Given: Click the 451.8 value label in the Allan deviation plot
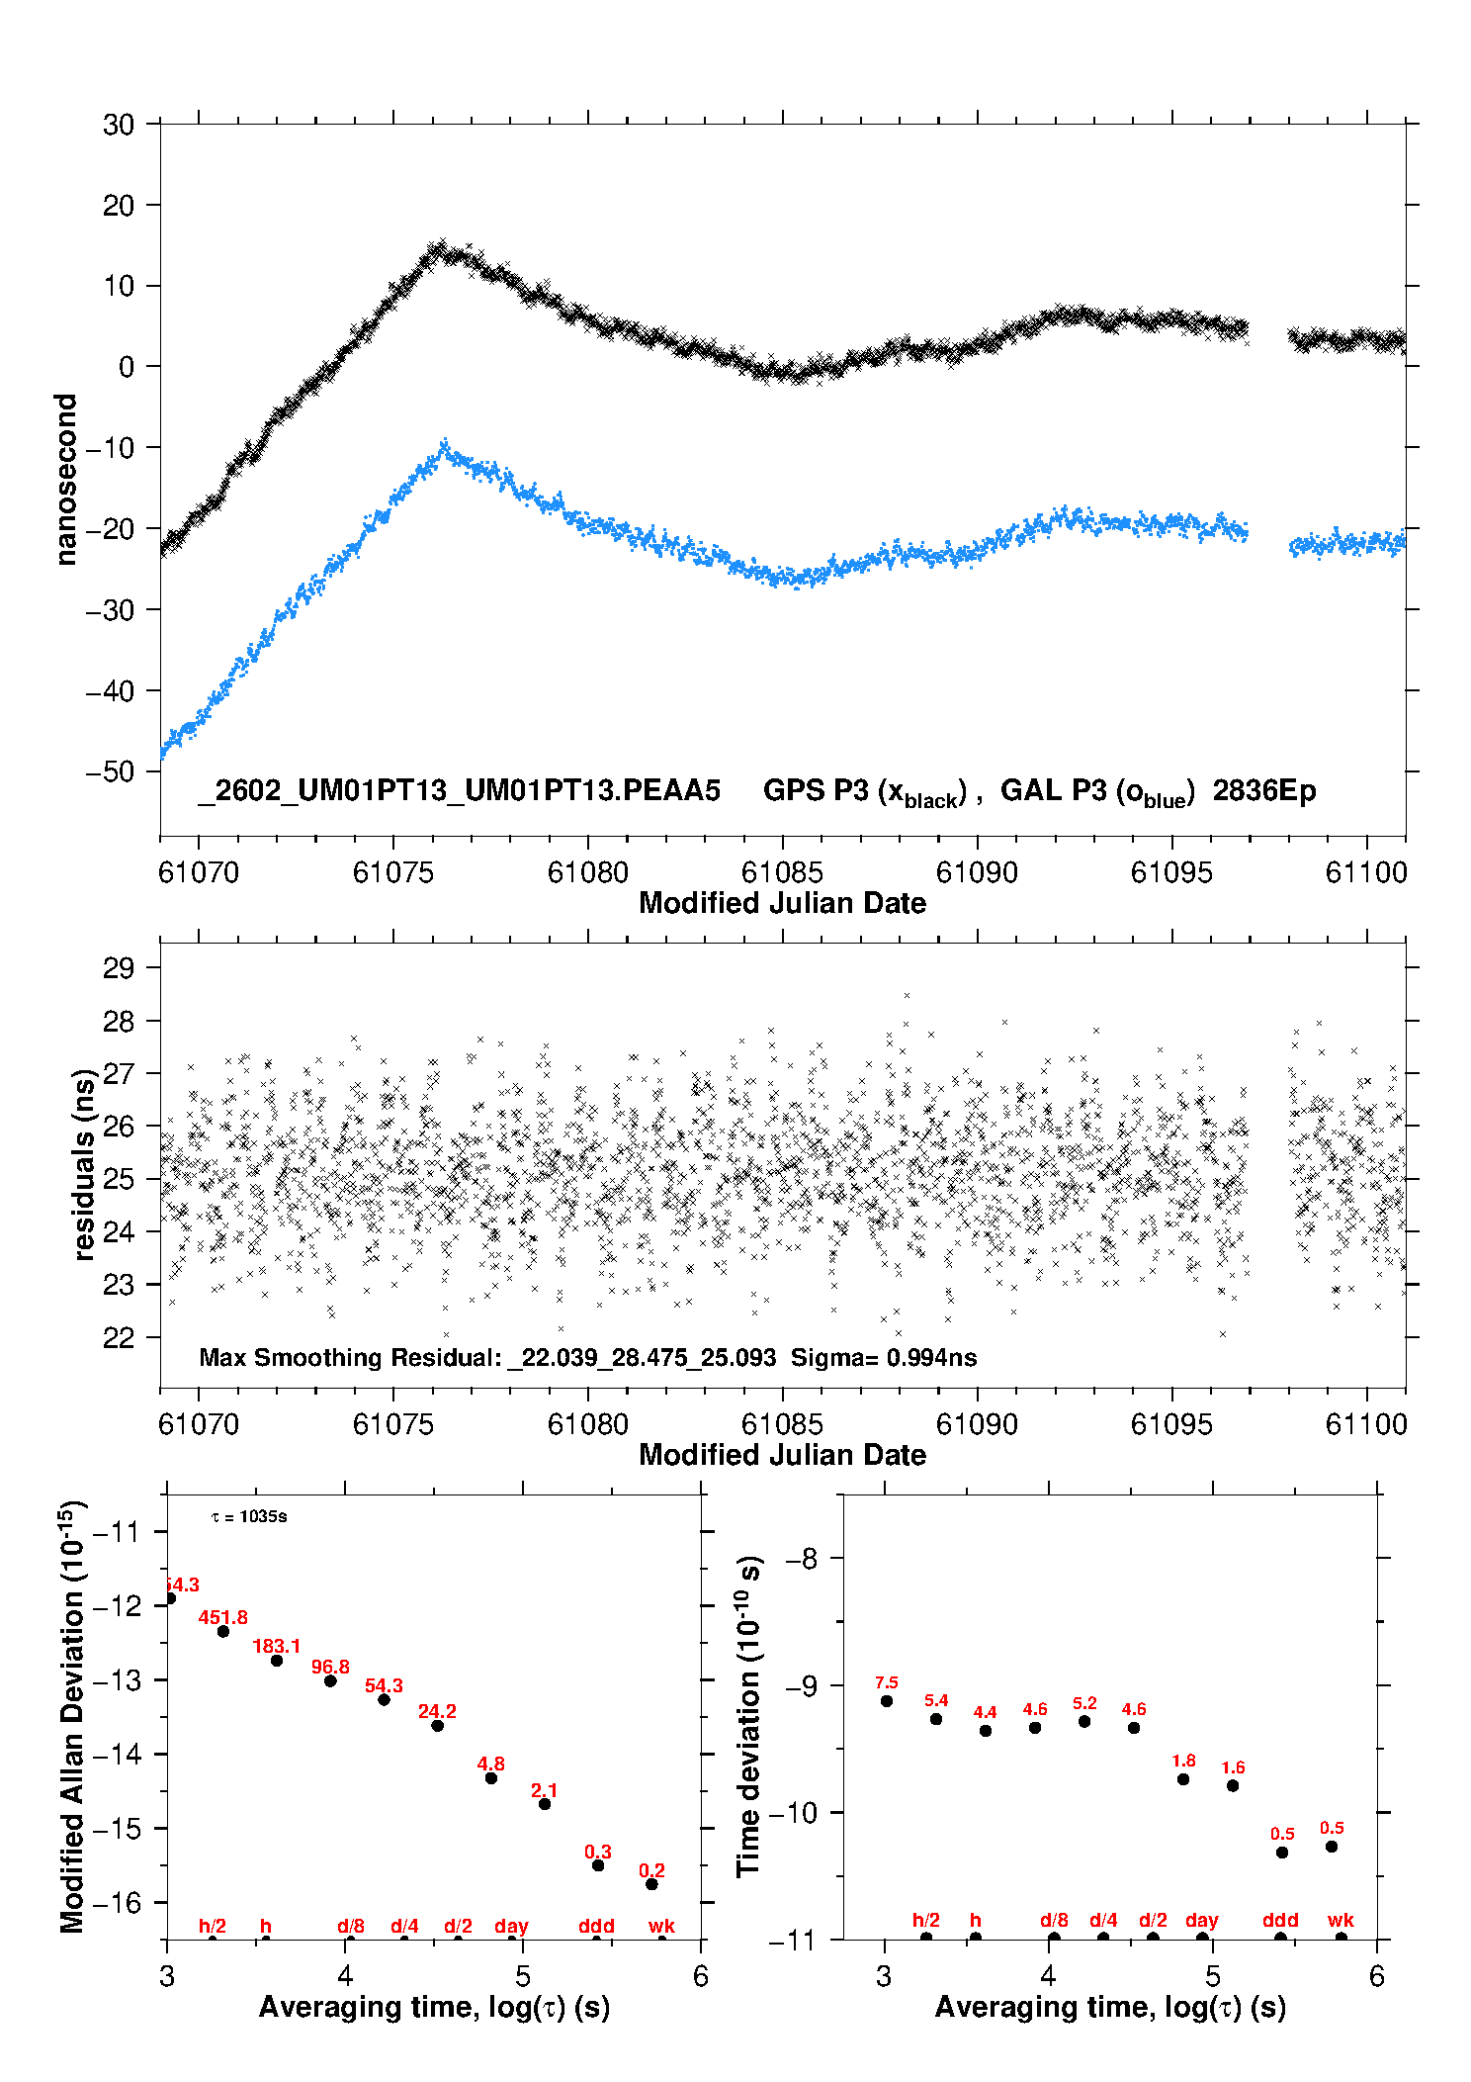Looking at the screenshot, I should (x=222, y=1617).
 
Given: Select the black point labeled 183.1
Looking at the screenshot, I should (x=277, y=1661).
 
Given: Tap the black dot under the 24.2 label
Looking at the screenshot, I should (x=437, y=1726).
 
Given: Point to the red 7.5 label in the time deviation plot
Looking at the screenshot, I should (x=887, y=1683).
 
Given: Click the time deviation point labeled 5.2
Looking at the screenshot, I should (x=1084, y=1721).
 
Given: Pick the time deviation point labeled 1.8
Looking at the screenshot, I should (x=1183, y=1779).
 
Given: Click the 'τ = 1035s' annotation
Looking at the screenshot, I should (x=249, y=1517).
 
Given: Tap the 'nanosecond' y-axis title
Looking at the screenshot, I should (x=66, y=480).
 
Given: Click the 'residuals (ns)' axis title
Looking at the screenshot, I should (x=84, y=1164).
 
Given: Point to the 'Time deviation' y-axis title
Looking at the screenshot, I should (x=748, y=1717).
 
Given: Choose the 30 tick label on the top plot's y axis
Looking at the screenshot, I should (x=119, y=125).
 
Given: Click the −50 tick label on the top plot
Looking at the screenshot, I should (x=111, y=771).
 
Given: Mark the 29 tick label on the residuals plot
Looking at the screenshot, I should (x=119, y=968).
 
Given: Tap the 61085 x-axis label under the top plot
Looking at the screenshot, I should (x=782, y=872).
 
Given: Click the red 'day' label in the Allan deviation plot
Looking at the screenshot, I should (x=511, y=1926).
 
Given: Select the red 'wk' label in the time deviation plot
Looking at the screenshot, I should (x=1341, y=1920).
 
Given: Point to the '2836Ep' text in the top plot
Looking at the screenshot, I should (x=1264, y=791).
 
